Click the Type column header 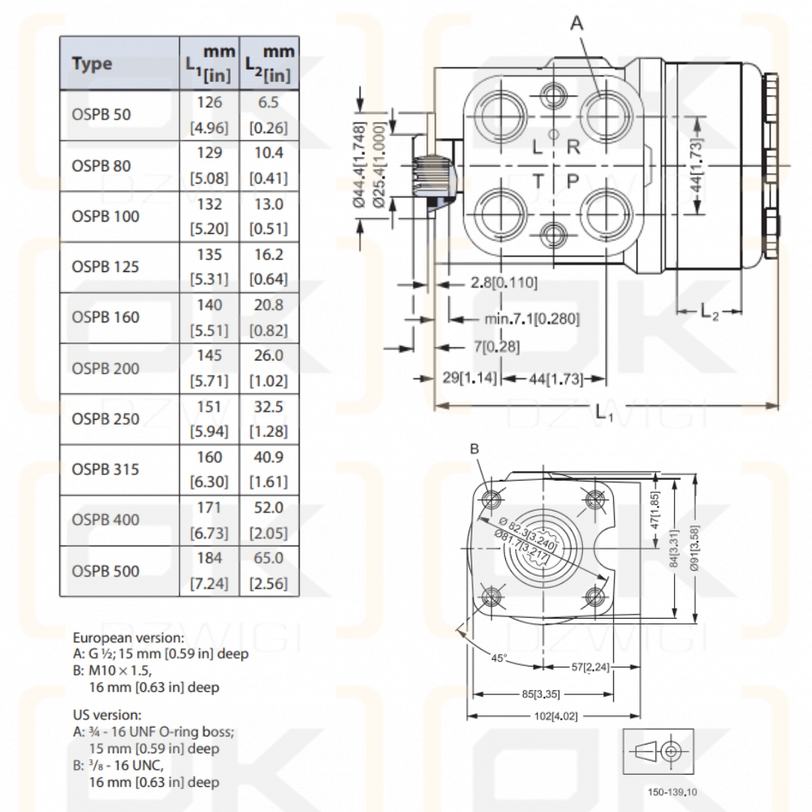pos(92,64)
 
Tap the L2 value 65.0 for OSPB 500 pos(268,558)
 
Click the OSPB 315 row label pos(105,469)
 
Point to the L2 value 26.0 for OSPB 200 pos(268,356)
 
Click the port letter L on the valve pos(538,146)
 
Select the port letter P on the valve pos(572,181)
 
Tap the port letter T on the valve pos(538,181)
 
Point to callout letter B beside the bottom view pos(475,448)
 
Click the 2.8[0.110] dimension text pos(503,283)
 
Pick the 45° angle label pos(499,658)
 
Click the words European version pos(127,638)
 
